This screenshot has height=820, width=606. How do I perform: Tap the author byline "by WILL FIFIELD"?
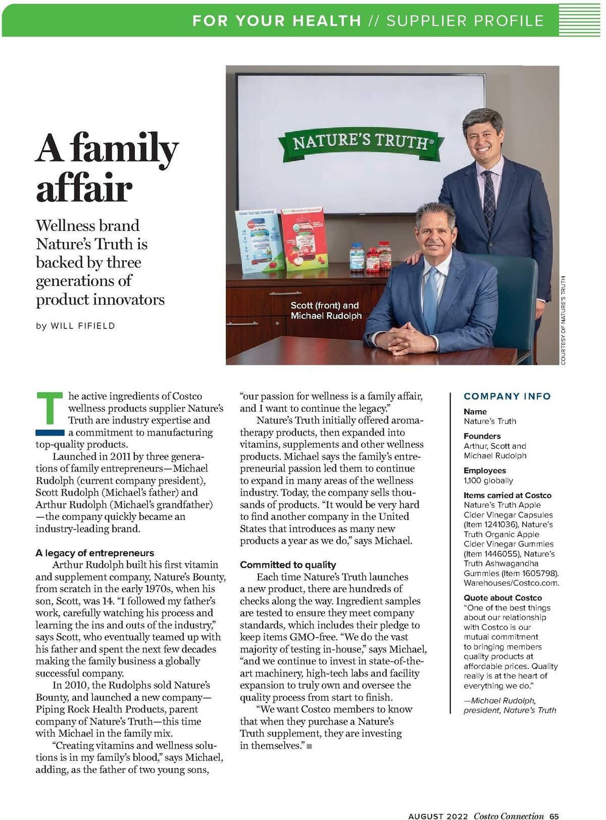(x=75, y=326)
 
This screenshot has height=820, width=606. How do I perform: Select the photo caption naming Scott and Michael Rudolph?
(x=326, y=311)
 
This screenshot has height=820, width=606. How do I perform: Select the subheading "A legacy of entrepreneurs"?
(x=94, y=553)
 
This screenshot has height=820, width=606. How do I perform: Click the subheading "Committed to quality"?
(x=288, y=565)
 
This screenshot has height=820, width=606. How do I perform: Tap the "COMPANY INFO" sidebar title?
(x=507, y=397)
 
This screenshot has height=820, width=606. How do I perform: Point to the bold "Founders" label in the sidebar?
(x=482, y=436)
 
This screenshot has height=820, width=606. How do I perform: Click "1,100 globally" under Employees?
(x=488, y=480)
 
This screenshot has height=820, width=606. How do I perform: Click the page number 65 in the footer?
(x=554, y=815)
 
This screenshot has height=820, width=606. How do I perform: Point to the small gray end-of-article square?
(x=309, y=746)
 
